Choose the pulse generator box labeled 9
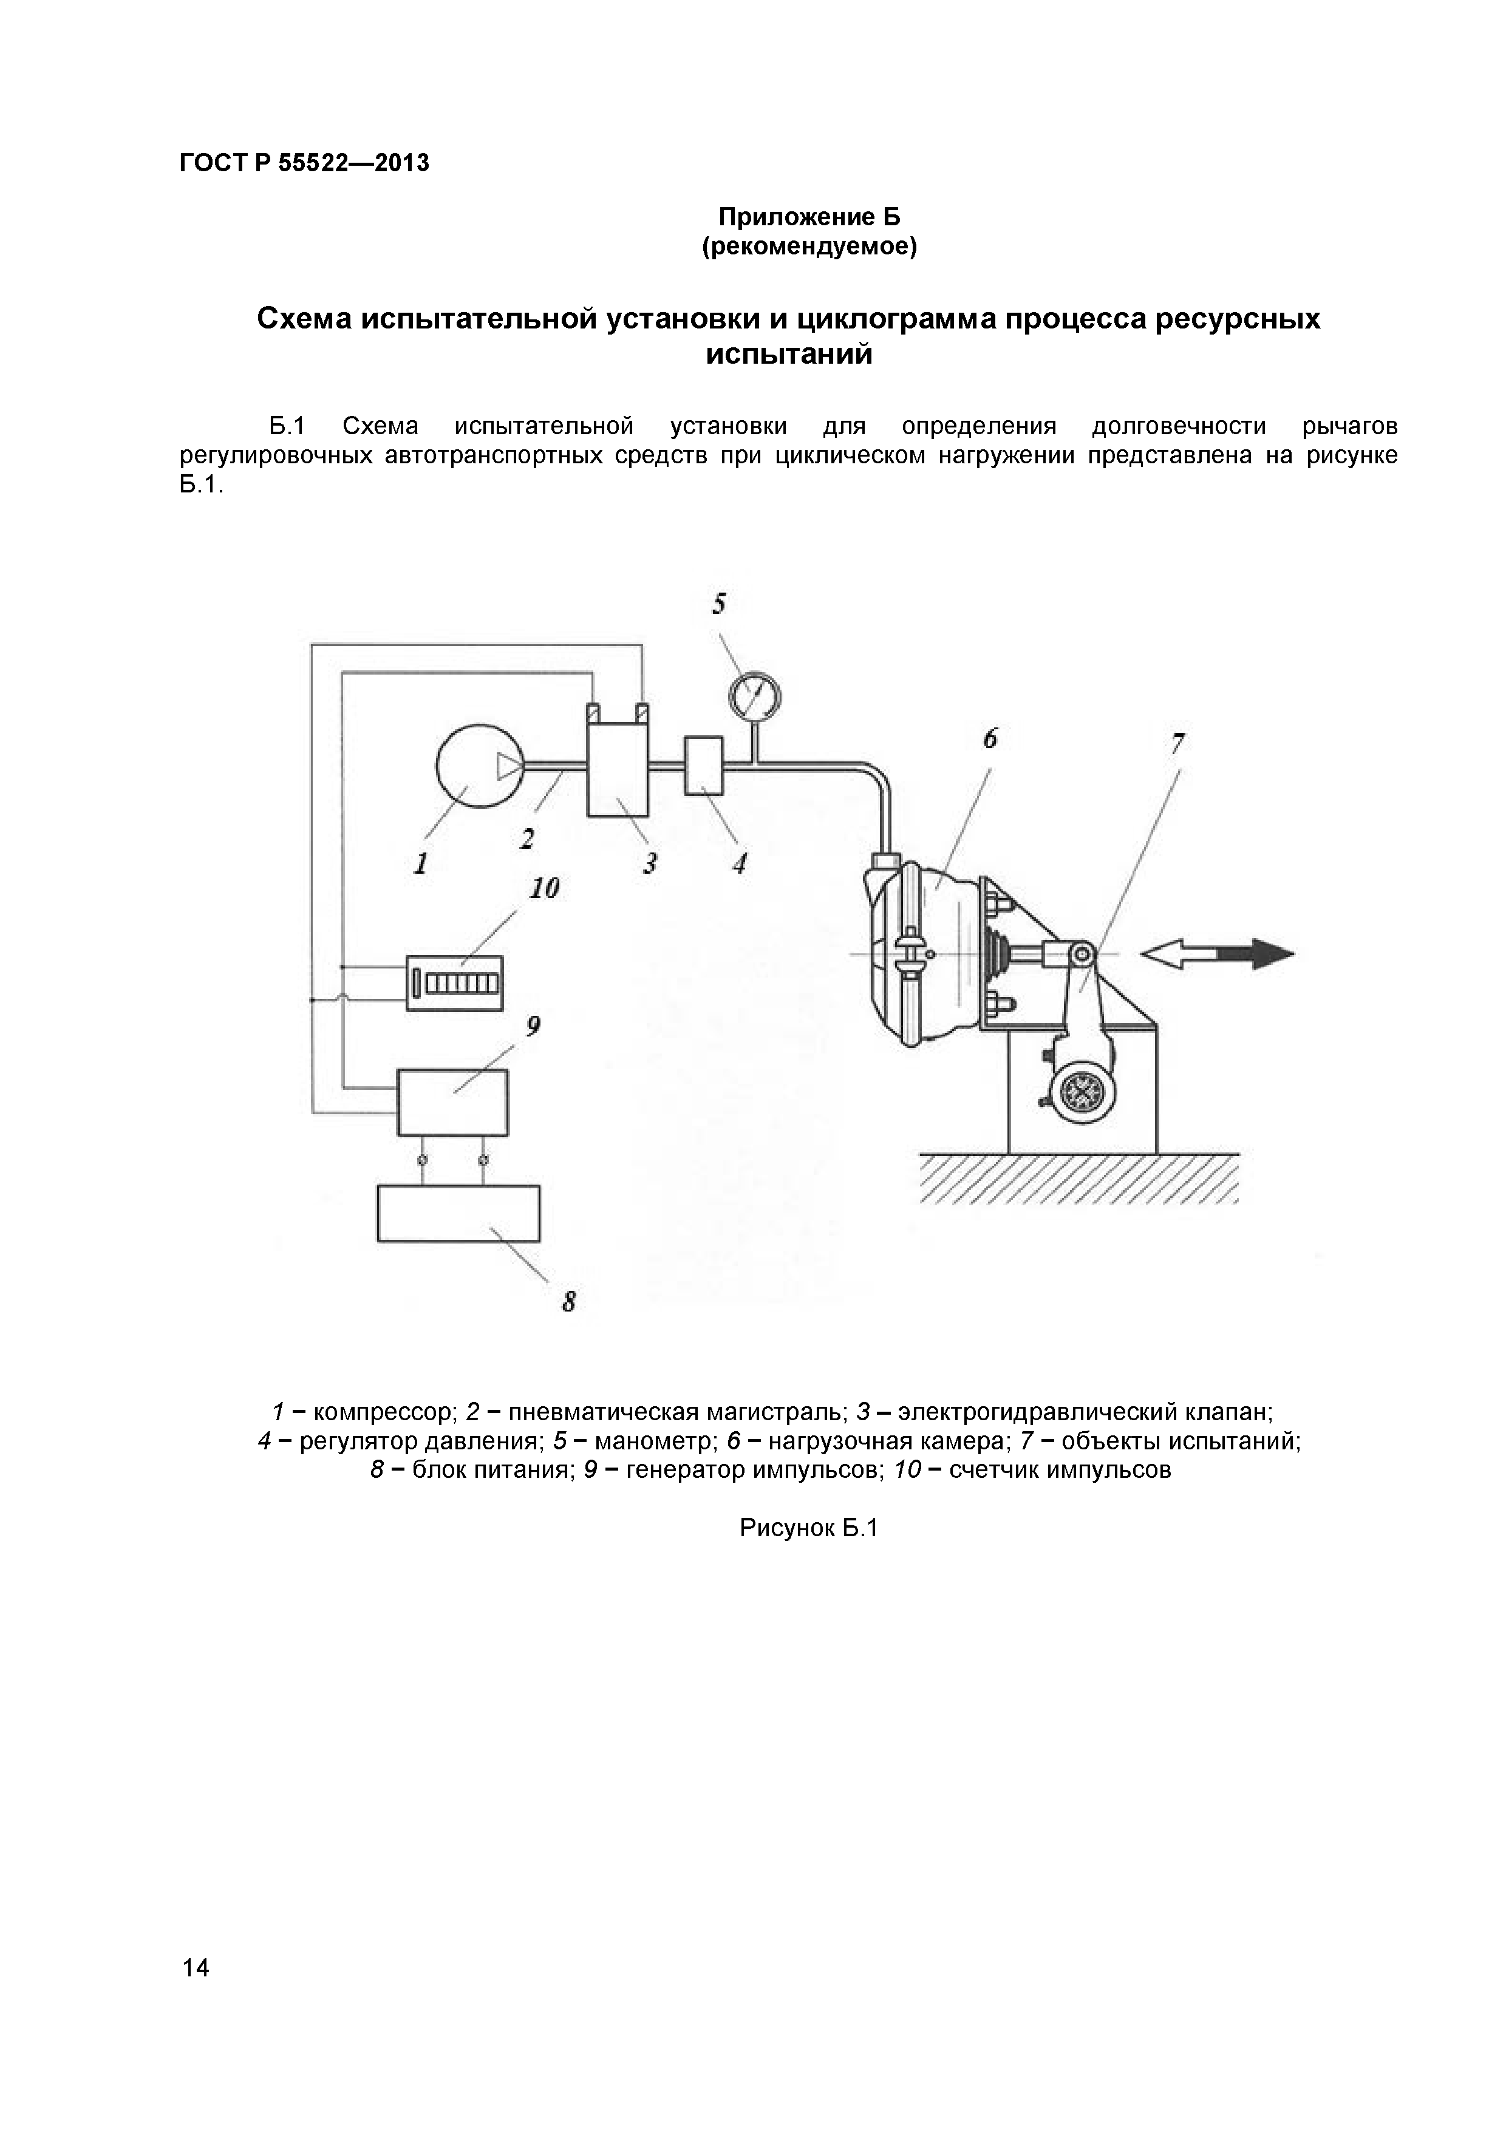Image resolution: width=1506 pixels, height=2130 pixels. coord(453,1102)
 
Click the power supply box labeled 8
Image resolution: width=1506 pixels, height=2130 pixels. coord(458,1213)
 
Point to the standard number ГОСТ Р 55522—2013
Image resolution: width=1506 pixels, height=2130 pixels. coord(304,163)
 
